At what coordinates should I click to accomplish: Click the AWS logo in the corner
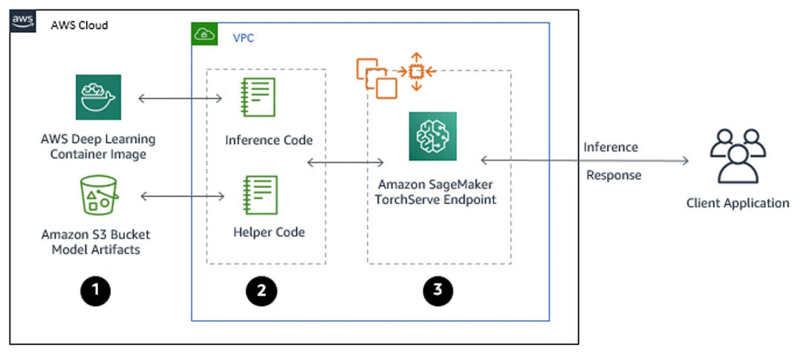click(x=23, y=21)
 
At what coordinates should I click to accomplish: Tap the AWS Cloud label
click(x=80, y=25)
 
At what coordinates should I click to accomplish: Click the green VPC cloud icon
click(x=204, y=35)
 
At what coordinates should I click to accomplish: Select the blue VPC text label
click(x=243, y=38)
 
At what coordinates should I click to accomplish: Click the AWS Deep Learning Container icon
click(x=98, y=97)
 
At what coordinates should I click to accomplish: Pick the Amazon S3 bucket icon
click(x=99, y=195)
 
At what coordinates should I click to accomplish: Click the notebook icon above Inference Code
click(x=259, y=97)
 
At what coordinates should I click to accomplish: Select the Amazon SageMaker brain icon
click(x=433, y=137)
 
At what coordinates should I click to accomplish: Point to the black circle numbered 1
click(x=96, y=291)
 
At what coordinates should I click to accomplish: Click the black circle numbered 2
click(x=261, y=291)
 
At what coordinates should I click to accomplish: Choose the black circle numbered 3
click(x=438, y=290)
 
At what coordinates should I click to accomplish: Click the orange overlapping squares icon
click(x=377, y=78)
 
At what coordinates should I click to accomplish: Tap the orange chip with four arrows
click(x=416, y=72)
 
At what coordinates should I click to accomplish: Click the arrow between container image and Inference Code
click(x=180, y=98)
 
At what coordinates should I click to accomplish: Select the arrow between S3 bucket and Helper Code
click(x=183, y=196)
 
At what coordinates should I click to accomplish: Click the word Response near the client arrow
click(x=613, y=176)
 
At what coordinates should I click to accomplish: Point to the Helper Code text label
click(x=269, y=232)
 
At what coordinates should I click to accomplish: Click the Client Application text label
click(x=738, y=203)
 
